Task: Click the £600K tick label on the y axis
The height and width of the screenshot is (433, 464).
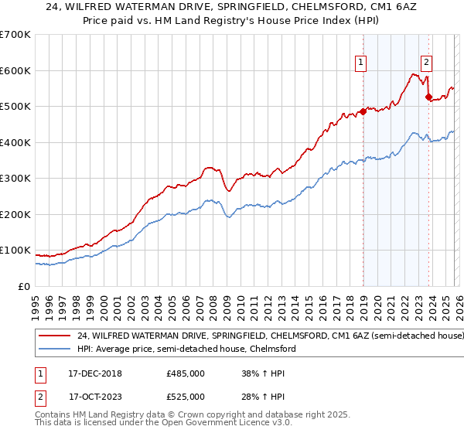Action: [15, 70]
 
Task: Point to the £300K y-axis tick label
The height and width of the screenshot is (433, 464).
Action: [15, 179]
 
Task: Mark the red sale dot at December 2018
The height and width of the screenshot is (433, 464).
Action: [363, 111]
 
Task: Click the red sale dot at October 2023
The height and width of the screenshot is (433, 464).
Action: [428, 97]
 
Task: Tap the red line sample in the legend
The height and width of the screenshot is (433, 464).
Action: [54, 336]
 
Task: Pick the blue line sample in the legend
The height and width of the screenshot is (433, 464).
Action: [54, 349]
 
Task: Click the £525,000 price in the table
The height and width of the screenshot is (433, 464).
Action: [186, 397]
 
